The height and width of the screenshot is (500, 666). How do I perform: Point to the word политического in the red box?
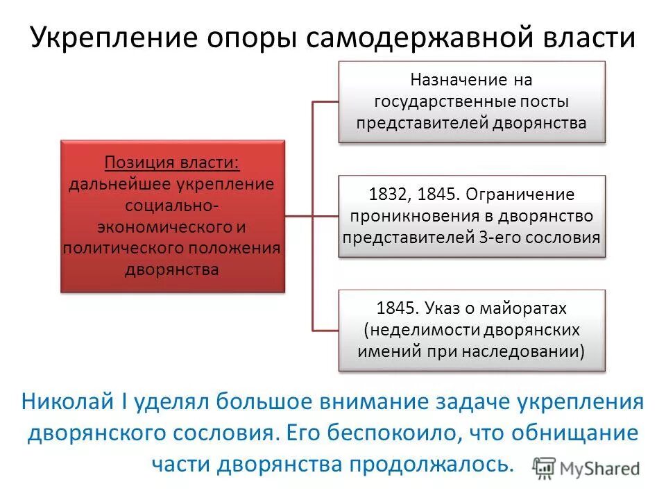tap(123, 248)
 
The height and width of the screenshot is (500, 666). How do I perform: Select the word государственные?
tap(443, 101)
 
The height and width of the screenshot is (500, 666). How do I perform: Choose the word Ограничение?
tap(520, 194)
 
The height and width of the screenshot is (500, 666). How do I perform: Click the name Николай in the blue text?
tap(74, 402)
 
